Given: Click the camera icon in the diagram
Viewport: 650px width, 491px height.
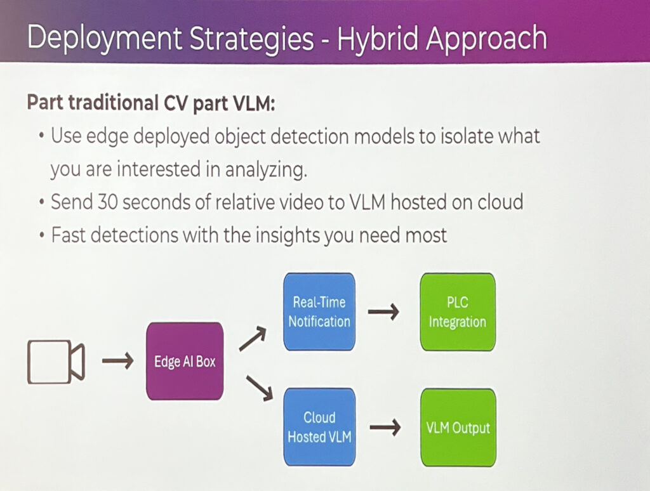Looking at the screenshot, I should pos(56,362).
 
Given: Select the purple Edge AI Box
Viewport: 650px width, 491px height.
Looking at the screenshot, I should pos(185,362).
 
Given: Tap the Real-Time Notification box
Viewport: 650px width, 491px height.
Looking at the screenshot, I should pos(319,311).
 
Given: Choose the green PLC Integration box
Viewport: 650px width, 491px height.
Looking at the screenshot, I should pos(457,311).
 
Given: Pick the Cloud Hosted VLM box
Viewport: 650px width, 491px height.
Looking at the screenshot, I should pos(319,428).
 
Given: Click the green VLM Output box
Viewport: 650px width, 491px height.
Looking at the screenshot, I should pos(458,428).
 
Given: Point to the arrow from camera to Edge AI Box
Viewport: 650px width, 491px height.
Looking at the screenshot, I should pos(118,362).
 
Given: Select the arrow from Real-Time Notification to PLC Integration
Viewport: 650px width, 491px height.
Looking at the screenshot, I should pos(384,312).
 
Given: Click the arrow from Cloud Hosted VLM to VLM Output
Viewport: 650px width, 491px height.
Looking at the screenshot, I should pos(384,428).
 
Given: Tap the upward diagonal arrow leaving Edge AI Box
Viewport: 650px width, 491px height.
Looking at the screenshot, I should pos(252,339).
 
